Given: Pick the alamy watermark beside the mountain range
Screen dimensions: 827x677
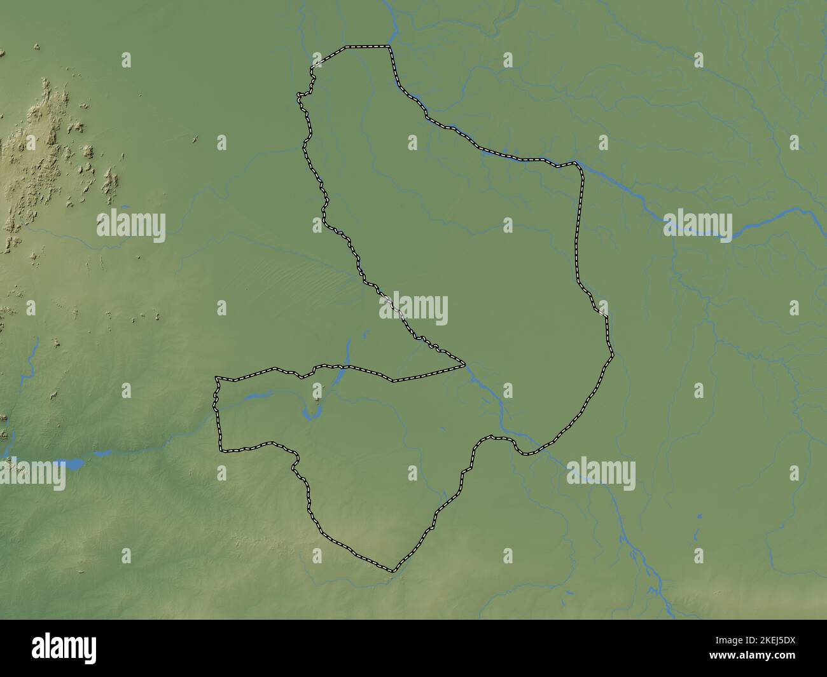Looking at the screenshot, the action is click(x=131, y=226).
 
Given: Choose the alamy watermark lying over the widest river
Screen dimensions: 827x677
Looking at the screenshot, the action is click(x=697, y=226).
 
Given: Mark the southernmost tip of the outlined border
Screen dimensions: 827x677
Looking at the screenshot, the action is click(x=393, y=571).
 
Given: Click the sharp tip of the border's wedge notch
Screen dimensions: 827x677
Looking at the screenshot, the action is click(x=464, y=366).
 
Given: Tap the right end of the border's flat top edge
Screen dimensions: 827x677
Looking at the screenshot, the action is click(x=389, y=46).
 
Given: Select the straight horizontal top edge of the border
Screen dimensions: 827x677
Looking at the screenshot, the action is click(x=366, y=46).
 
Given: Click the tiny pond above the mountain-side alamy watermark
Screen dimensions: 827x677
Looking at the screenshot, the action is click(x=124, y=207).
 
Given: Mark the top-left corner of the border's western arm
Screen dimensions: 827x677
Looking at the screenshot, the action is click(x=217, y=378).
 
